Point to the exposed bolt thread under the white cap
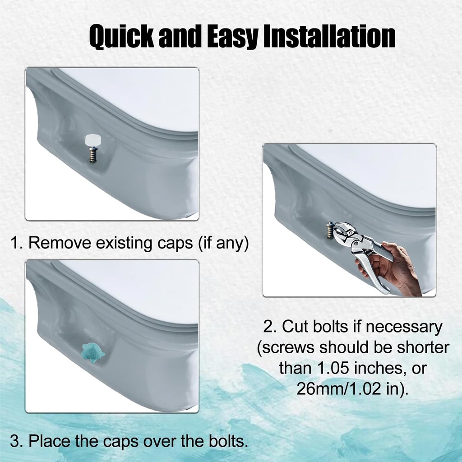coord(92,156)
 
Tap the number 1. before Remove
coord(17,243)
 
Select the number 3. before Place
coord(17,440)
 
